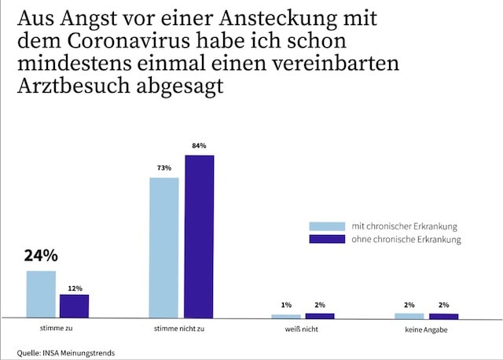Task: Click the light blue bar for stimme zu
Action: (41, 294)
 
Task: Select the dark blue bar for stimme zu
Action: (75, 306)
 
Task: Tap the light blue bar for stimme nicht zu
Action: (164, 247)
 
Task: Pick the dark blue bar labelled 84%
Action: (199, 236)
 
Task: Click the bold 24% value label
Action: (40, 256)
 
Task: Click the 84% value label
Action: (199, 146)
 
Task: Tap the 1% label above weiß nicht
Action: (286, 305)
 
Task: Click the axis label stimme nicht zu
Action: (182, 328)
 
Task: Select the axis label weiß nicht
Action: (302, 328)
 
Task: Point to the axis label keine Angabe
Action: (426, 328)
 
